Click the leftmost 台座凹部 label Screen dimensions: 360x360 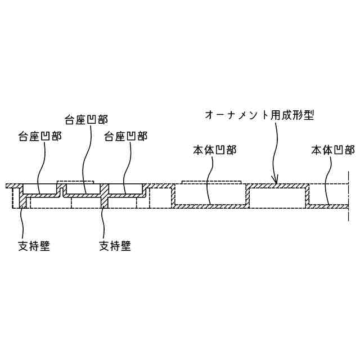tap(40, 136)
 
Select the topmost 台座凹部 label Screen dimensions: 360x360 tap(87, 119)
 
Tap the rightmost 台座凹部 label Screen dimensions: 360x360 tap(126, 136)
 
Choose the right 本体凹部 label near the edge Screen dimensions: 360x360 tap(332, 150)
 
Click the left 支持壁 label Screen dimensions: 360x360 tap(34, 246)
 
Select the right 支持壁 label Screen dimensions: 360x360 tap(115, 246)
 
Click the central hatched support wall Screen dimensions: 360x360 tap(103, 200)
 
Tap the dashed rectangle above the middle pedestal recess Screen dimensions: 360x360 tap(75, 182)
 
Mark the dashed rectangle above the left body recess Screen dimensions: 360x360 tap(210, 182)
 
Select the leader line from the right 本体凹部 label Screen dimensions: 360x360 tap(330, 180)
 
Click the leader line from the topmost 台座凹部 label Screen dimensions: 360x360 tap(84, 163)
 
